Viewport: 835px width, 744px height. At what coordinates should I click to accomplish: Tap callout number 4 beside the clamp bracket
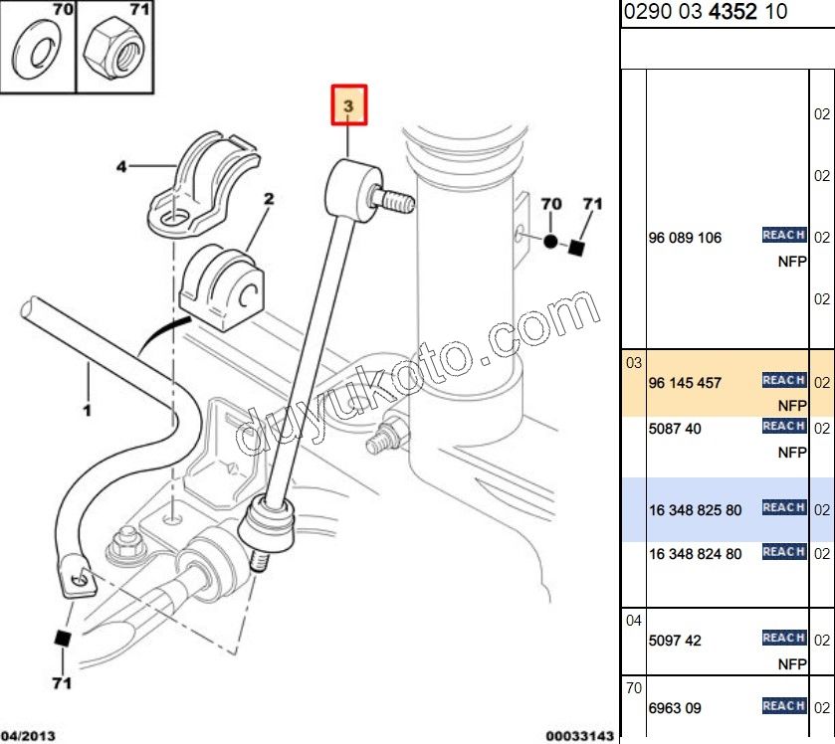click(121, 167)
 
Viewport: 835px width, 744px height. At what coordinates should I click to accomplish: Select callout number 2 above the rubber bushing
click(268, 199)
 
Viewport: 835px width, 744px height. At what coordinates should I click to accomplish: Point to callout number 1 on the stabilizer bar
click(87, 409)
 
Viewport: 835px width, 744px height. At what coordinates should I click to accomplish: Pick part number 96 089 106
click(685, 239)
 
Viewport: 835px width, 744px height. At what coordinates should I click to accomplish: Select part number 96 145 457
click(685, 383)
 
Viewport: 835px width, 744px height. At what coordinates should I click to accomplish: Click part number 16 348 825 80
click(695, 510)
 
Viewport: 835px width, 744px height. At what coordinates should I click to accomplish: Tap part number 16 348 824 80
click(695, 554)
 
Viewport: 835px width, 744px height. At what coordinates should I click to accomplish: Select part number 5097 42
click(674, 641)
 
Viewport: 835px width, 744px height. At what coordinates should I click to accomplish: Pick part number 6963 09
click(674, 708)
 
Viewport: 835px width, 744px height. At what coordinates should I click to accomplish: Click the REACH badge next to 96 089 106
click(783, 236)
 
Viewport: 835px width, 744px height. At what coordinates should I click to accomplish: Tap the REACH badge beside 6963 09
click(783, 706)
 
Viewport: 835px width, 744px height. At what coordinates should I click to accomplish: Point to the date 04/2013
click(26, 736)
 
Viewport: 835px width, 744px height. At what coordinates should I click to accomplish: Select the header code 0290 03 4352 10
click(706, 12)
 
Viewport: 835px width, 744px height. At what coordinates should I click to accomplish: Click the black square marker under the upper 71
click(574, 247)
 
